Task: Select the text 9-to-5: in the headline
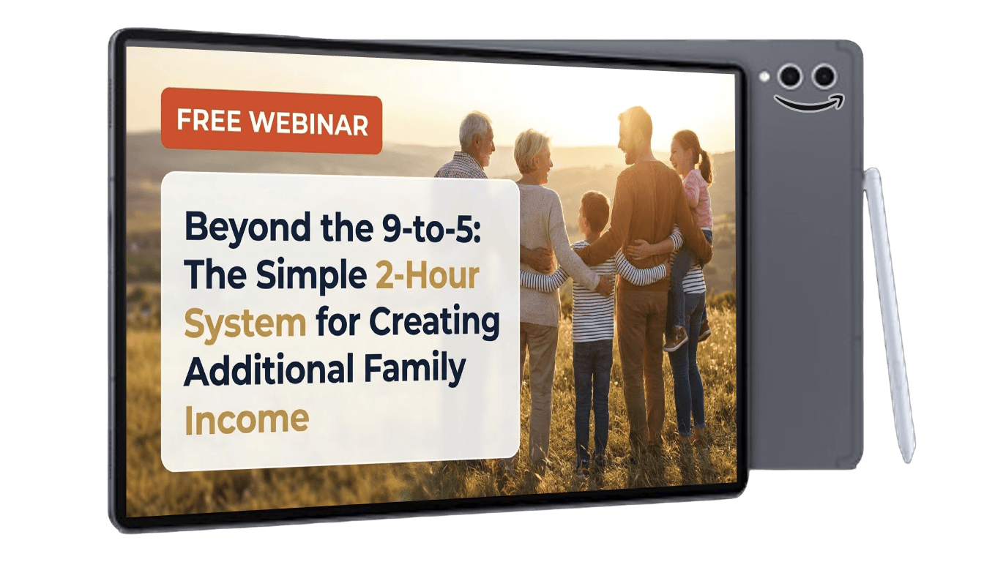(431, 229)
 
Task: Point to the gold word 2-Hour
(427, 276)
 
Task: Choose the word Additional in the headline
(269, 369)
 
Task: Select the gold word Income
(247, 420)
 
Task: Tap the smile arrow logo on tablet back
(809, 104)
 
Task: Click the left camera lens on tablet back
(790, 76)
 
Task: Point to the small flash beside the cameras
(764, 77)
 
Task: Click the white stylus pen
(889, 314)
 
